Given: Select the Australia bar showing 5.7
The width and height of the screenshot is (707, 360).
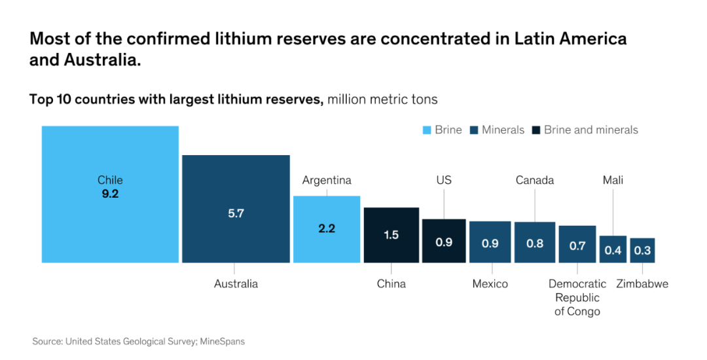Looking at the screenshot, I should [x=236, y=209].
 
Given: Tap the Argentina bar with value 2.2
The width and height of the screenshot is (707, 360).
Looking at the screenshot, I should [x=327, y=229].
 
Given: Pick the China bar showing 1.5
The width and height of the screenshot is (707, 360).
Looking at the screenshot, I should [x=391, y=235].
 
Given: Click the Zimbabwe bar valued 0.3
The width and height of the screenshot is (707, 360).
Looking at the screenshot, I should [x=642, y=250].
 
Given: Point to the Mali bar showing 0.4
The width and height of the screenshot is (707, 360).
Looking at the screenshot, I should [x=613, y=249].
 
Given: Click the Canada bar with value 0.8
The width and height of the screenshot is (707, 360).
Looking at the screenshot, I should [x=535, y=242].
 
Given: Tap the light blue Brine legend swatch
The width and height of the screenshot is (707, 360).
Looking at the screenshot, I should [x=427, y=130].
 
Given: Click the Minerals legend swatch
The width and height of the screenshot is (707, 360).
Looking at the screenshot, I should [x=473, y=130].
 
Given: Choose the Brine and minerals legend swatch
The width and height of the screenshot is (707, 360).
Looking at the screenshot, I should [x=535, y=130].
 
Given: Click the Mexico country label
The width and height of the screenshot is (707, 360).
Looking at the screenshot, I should [x=490, y=284].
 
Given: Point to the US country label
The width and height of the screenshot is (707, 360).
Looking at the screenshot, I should [x=444, y=180].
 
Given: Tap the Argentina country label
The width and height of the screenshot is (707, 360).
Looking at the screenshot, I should [x=327, y=180].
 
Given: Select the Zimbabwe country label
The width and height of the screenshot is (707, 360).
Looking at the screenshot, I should [x=642, y=284].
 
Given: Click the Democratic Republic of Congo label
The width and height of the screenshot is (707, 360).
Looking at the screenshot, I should [x=577, y=298].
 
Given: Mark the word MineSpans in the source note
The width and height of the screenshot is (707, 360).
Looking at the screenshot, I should [x=221, y=341].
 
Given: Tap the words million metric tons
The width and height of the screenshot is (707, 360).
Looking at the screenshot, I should [x=382, y=99].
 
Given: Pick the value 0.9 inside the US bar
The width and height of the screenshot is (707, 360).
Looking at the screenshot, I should [x=444, y=242].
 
